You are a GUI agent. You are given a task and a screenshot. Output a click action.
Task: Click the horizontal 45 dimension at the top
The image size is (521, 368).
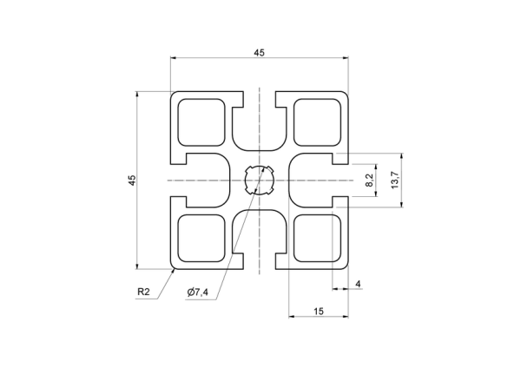[x=259, y=52]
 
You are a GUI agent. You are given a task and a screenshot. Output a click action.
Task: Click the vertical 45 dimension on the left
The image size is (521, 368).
[x=132, y=180]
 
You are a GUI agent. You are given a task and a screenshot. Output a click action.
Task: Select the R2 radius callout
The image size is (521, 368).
[x=143, y=292]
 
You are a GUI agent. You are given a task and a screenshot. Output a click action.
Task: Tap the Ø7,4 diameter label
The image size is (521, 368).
[x=198, y=292]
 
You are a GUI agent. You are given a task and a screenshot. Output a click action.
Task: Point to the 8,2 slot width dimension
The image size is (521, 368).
[x=370, y=180]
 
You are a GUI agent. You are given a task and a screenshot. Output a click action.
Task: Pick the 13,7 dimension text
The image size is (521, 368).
[x=395, y=180]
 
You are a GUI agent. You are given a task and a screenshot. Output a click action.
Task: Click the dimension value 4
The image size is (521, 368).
[x=358, y=284]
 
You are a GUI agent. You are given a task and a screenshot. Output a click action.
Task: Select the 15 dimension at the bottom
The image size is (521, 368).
[x=319, y=312]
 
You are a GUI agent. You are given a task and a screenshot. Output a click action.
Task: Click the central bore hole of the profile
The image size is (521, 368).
[x=259, y=181]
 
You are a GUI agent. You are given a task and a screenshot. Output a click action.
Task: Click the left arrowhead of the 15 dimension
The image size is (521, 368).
[x=292, y=317]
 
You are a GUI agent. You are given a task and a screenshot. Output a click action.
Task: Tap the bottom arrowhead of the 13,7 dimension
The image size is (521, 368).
[x=402, y=204]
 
